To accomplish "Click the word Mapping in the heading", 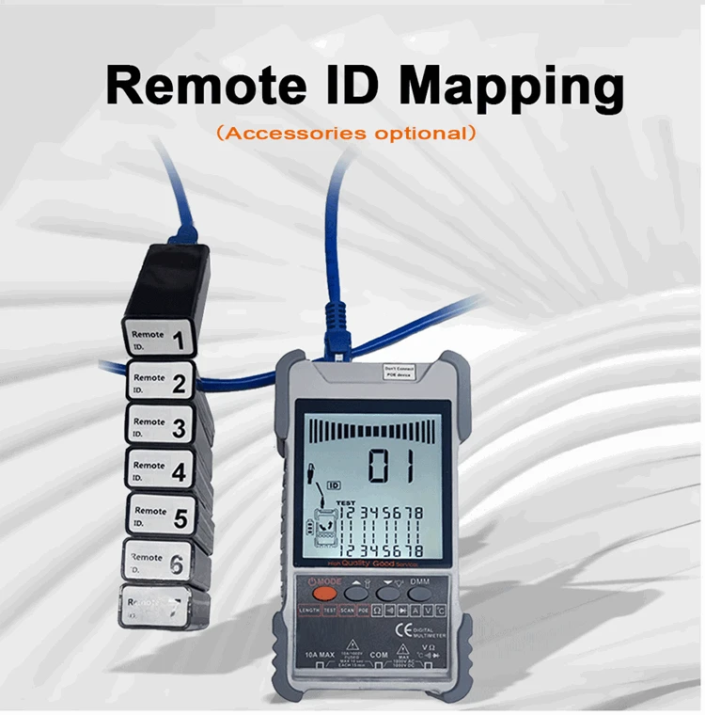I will (x=511, y=87).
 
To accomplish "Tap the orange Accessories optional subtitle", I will (x=346, y=133).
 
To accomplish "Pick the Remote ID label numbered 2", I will (x=159, y=382).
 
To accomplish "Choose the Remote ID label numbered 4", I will (x=161, y=469).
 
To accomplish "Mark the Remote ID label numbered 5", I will (x=162, y=515).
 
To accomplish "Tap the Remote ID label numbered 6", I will (x=161, y=562).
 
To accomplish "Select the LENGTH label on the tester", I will (x=309, y=612).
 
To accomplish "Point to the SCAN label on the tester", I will (x=347, y=612).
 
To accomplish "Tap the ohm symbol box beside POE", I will (x=376, y=612).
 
